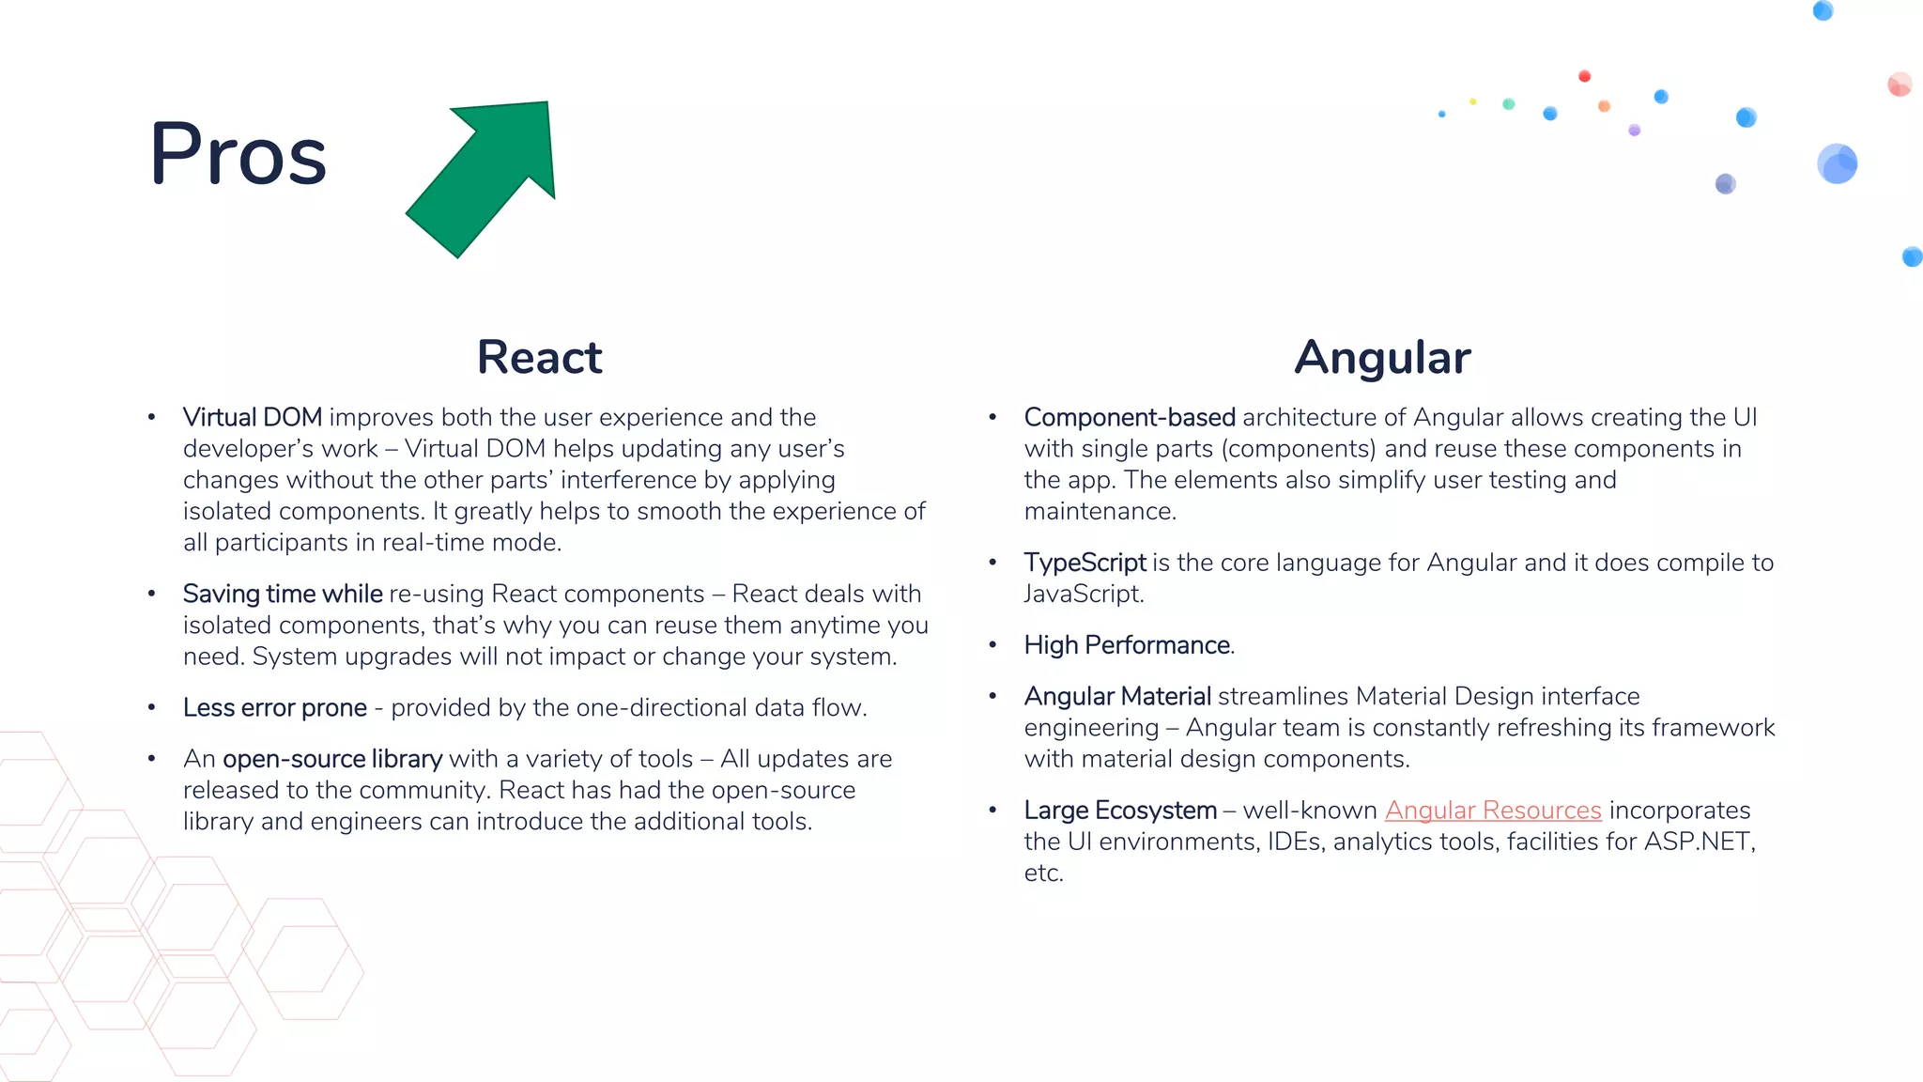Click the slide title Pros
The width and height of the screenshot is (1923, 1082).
238,155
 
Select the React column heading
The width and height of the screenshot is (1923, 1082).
539,358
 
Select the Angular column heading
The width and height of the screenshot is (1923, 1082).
1382,358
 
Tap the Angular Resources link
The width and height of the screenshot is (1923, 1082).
1492,810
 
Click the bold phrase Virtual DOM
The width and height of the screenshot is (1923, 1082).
252,417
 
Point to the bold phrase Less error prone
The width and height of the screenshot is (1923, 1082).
274,707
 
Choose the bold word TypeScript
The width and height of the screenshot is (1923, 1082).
1085,563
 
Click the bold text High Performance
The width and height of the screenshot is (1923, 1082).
1127,645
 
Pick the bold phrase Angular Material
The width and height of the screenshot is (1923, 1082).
1117,696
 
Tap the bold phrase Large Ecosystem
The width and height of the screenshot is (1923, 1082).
1119,810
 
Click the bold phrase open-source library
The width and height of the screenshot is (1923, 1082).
332,759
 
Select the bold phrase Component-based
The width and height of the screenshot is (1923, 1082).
1129,417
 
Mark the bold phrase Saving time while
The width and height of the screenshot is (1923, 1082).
283,594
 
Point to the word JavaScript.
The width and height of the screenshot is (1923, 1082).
1083,595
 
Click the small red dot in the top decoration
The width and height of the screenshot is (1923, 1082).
1584,76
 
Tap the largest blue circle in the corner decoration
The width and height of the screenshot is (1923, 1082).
1837,164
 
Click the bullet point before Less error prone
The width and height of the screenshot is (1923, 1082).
151,707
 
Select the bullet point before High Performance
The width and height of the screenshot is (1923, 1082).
992,645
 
